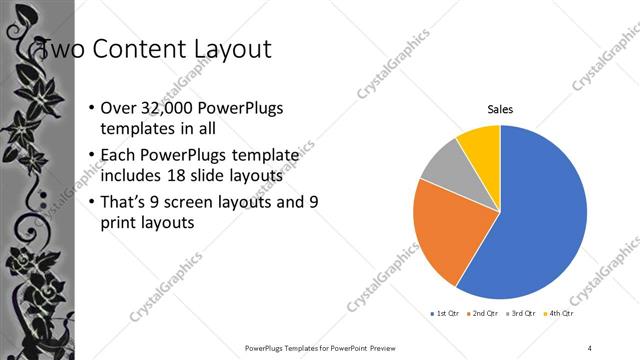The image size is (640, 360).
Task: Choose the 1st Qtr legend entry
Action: (x=446, y=313)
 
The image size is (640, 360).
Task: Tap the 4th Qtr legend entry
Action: (x=561, y=313)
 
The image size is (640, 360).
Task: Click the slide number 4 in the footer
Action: (x=590, y=347)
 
